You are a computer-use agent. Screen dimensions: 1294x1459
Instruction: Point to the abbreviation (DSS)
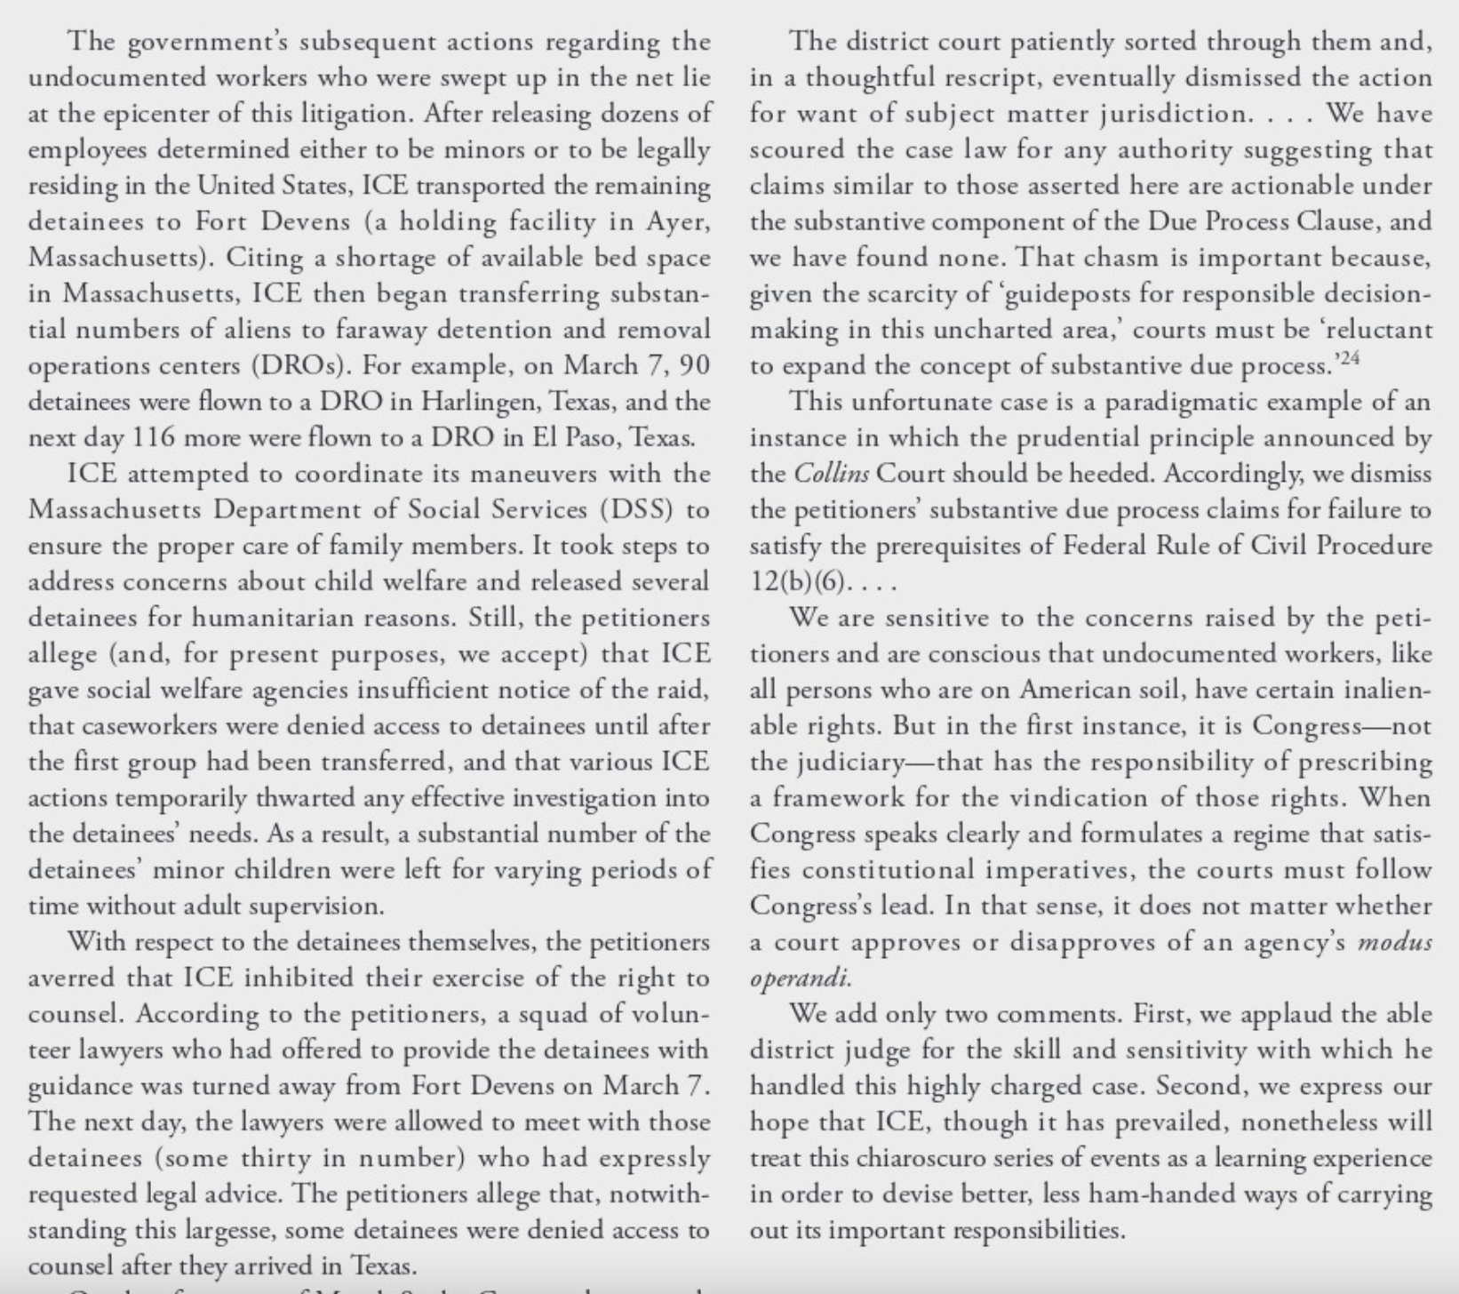tap(636, 509)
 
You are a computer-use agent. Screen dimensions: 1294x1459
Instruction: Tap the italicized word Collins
tap(831, 473)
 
